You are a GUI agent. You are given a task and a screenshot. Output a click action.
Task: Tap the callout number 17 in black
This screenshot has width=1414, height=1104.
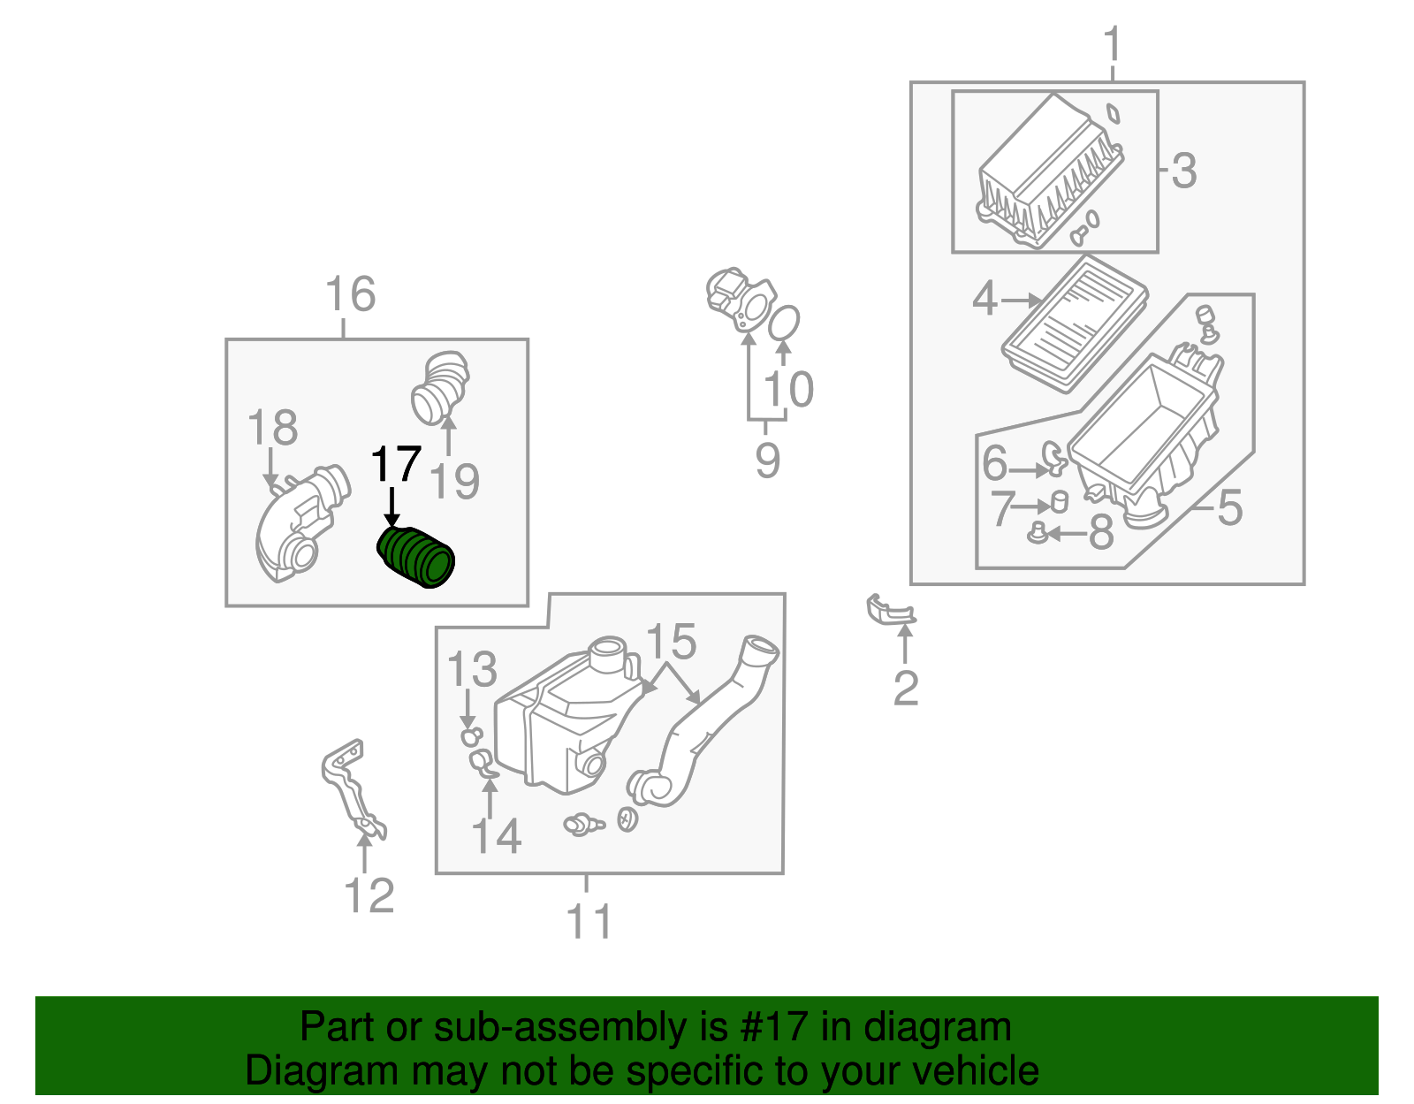coord(395,465)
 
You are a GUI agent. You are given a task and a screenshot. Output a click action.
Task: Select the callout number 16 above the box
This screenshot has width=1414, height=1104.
coord(350,294)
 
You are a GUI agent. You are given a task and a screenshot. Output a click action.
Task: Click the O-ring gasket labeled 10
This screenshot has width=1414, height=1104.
coord(784,323)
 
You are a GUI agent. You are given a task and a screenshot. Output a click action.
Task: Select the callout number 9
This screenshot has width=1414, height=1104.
coord(767,461)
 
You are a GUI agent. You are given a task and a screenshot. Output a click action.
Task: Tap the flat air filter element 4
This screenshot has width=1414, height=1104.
coord(1076,324)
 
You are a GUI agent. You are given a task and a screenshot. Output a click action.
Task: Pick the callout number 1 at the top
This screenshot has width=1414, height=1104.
coord(1112,44)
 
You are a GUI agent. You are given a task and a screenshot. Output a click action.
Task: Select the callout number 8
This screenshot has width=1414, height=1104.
coord(1100,533)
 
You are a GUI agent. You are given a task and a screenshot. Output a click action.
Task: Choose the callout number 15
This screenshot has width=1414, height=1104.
coord(672,643)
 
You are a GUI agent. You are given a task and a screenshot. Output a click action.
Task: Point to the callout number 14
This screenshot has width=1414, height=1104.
coord(497,836)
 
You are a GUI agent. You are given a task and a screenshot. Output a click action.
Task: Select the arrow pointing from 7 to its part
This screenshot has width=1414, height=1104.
coord(1030,506)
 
